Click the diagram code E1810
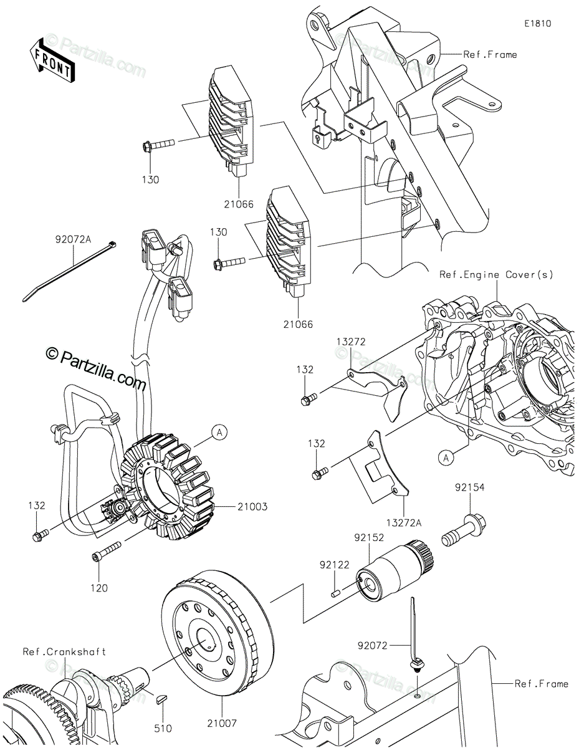(x=538, y=24)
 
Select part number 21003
(x=252, y=507)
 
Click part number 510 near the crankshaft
(x=164, y=727)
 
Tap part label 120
(x=99, y=587)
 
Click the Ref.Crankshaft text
(x=64, y=652)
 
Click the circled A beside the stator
(x=219, y=431)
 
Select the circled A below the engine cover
(x=446, y=459)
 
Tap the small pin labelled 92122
(x=335, y=587)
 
